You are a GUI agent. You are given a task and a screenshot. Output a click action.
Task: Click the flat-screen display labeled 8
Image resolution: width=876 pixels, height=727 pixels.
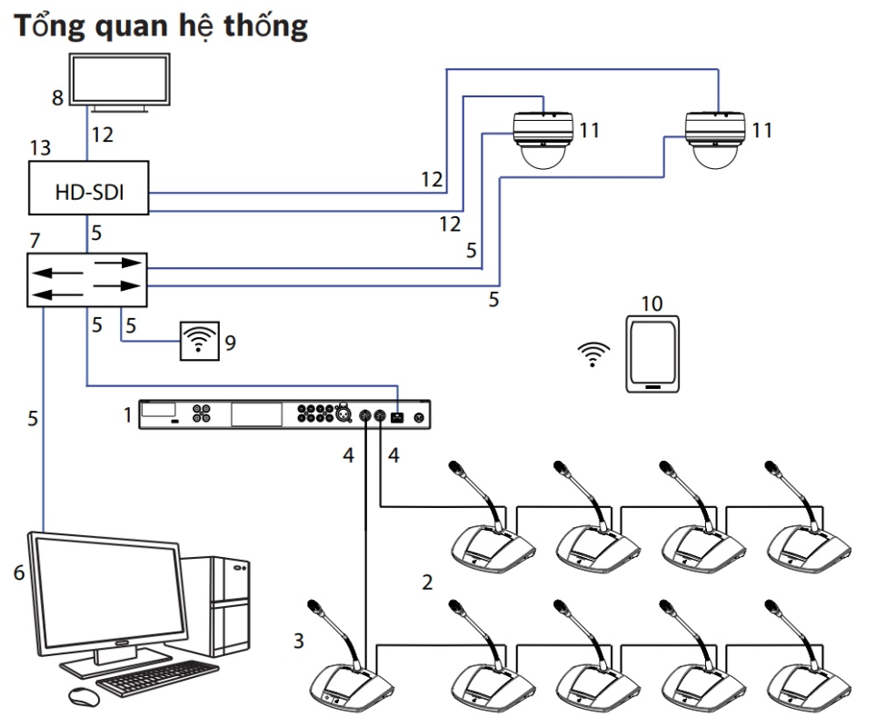(118, 80)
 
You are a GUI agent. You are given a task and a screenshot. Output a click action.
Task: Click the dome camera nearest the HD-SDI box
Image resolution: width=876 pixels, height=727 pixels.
(542, 141)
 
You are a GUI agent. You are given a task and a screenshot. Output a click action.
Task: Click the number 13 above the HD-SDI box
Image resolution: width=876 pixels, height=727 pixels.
(41, 146)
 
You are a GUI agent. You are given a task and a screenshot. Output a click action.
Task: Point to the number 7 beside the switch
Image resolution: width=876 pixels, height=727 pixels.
(34, 242)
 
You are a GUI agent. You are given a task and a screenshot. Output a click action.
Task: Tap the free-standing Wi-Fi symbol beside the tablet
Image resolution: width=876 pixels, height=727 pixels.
(592, 355)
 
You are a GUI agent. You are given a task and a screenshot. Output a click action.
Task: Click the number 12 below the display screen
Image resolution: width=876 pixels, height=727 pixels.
(102, 134)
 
